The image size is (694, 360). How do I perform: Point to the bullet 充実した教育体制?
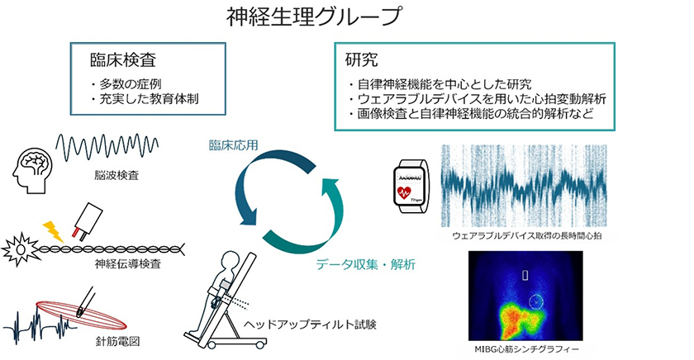(x=149, y=99)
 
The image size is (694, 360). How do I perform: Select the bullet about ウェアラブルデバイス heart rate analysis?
(x=479, y=98)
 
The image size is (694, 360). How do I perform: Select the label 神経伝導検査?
(x=126, y=264)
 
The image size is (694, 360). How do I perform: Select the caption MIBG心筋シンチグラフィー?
(x=525, y=350)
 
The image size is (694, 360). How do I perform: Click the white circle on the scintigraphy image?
(x=537, y=303)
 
